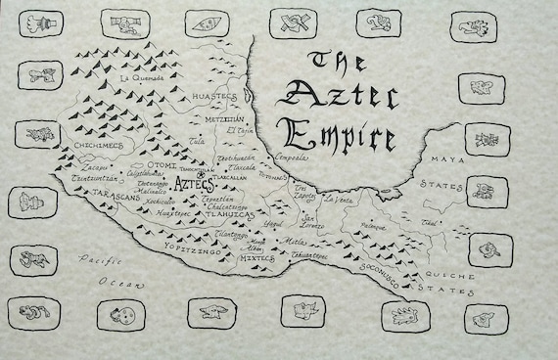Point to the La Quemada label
[138, 76]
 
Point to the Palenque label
[381, 226]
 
